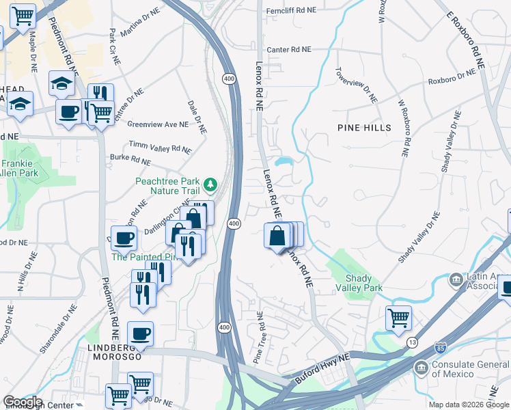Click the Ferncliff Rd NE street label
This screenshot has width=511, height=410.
292,10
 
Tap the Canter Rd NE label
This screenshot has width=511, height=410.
288,49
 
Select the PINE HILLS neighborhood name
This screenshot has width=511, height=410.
364,128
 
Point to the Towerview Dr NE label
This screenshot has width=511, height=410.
355,85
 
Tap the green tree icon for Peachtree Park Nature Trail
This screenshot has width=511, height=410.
210,182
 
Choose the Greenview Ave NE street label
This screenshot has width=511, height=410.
158,124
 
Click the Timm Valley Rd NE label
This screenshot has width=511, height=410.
161,148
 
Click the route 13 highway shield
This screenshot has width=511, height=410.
411,342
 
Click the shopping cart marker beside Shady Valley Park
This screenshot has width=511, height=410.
398,317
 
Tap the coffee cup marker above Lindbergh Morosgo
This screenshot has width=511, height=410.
140,333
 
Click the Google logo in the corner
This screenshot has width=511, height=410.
22,402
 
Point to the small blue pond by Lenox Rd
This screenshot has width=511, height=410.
284,163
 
